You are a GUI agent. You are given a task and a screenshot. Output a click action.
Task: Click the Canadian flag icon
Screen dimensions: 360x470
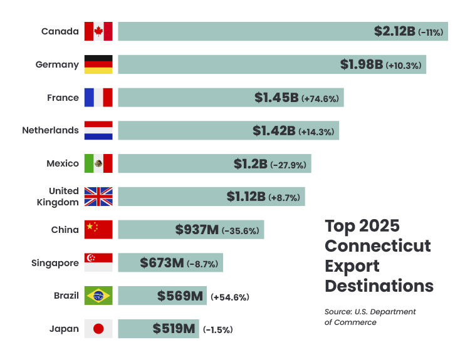coord(98,31)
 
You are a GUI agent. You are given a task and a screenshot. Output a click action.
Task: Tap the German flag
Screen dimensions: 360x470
coord(98,64)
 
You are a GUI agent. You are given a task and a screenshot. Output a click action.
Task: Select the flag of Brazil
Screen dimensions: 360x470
coord(98,296)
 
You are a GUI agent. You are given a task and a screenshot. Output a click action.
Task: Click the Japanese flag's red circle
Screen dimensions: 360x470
coord(98,329)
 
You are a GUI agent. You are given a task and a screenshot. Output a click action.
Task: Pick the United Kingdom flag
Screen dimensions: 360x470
coord(98,197)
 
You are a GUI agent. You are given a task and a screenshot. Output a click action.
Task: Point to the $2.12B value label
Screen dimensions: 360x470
coord(395,31)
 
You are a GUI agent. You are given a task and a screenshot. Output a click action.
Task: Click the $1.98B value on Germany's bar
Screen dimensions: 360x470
coord(362,64)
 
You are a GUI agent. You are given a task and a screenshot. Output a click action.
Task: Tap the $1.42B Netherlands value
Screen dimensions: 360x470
coord(274,131)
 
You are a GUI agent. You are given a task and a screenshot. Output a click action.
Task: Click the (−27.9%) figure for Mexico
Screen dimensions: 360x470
coord(288,165)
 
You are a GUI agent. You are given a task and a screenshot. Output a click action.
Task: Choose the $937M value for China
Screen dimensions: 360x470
coord(197,230)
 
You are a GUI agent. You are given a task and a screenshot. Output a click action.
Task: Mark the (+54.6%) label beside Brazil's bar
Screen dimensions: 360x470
coord(230,297)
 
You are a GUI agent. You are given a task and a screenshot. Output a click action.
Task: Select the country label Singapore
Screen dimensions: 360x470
coord(55,263)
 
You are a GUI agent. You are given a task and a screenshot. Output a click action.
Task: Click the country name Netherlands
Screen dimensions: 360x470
coord(50,130)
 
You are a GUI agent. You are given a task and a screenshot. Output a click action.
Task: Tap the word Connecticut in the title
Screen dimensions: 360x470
coord(378,245)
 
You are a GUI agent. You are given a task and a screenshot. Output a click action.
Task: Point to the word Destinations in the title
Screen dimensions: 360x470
coord(379,286)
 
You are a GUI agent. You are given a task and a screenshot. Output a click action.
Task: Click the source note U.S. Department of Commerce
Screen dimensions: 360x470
coord(370,317)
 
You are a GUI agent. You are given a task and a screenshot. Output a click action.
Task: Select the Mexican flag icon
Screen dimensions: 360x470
coord(98,163)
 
